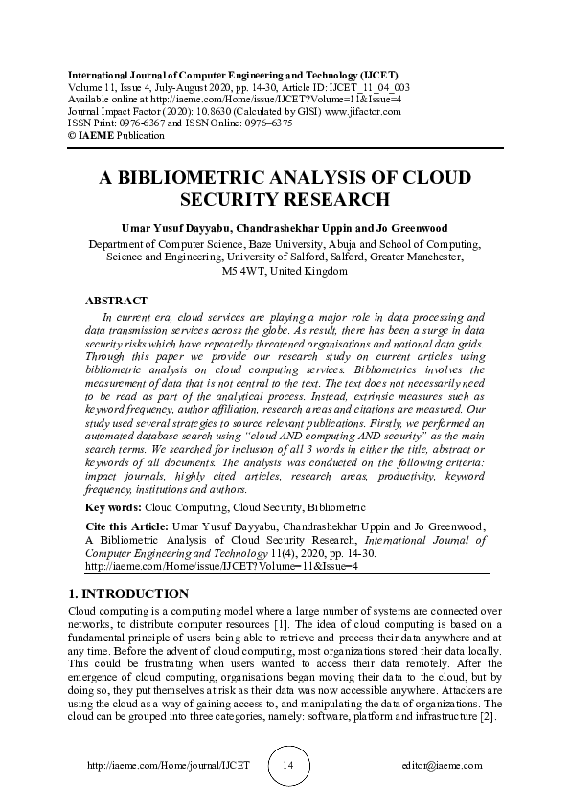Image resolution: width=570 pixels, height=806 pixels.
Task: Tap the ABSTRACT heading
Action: click(116, 301)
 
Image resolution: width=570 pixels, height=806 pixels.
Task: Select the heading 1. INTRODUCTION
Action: click(129, 593)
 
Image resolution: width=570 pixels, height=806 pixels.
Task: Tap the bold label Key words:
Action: click(114, 506)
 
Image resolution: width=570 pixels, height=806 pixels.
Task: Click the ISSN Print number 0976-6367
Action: click(146, 123)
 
